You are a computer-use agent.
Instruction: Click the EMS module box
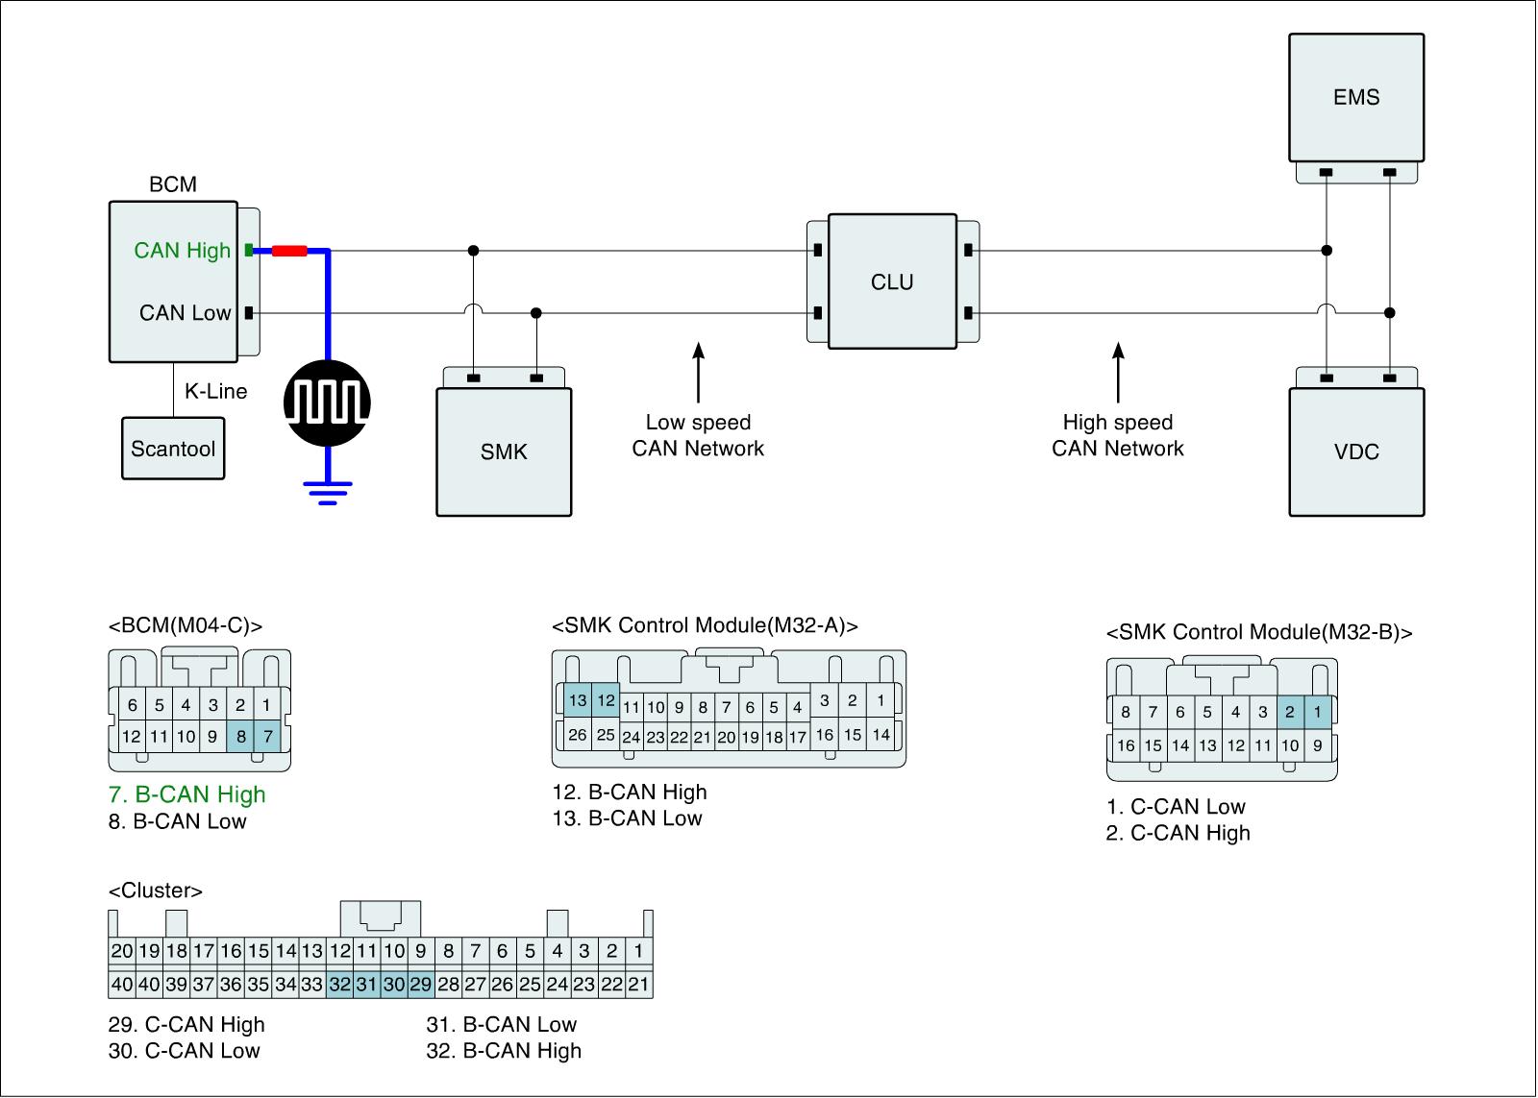(x=1356, y=97)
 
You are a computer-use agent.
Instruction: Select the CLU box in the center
(x=893, y=281)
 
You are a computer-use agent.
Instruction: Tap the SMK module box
(x=504, y=451)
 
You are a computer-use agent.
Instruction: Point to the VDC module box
(x=1356, y=451)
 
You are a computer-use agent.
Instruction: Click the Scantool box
(x=173, y=448)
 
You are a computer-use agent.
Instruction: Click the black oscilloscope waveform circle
(x=328, y=403)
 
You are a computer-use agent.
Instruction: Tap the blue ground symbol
(x=328, y=493)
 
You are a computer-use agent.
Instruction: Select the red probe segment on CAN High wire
(x=289, y=251)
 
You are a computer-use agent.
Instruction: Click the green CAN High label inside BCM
(x=182, y=251)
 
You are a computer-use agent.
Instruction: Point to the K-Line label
(x=215, y=391)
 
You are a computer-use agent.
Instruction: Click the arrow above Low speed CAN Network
(x=698, y=372)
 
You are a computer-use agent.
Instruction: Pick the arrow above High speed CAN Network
(x=1119, y=372)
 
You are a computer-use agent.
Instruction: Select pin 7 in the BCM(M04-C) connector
(x=268, y=737)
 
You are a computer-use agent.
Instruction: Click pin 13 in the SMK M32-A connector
(x=578, y=700)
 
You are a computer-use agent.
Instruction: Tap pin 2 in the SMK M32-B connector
(x=1290, y=712)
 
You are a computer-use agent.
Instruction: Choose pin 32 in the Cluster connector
(x=340, y=984)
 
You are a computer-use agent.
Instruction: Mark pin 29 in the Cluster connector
(x=421, y=984)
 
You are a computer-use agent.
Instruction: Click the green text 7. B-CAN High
(x=186, y=794)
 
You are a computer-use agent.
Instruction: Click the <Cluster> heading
(x=156, y=891)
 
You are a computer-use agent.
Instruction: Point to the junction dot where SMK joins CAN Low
(x=536, y=313)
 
